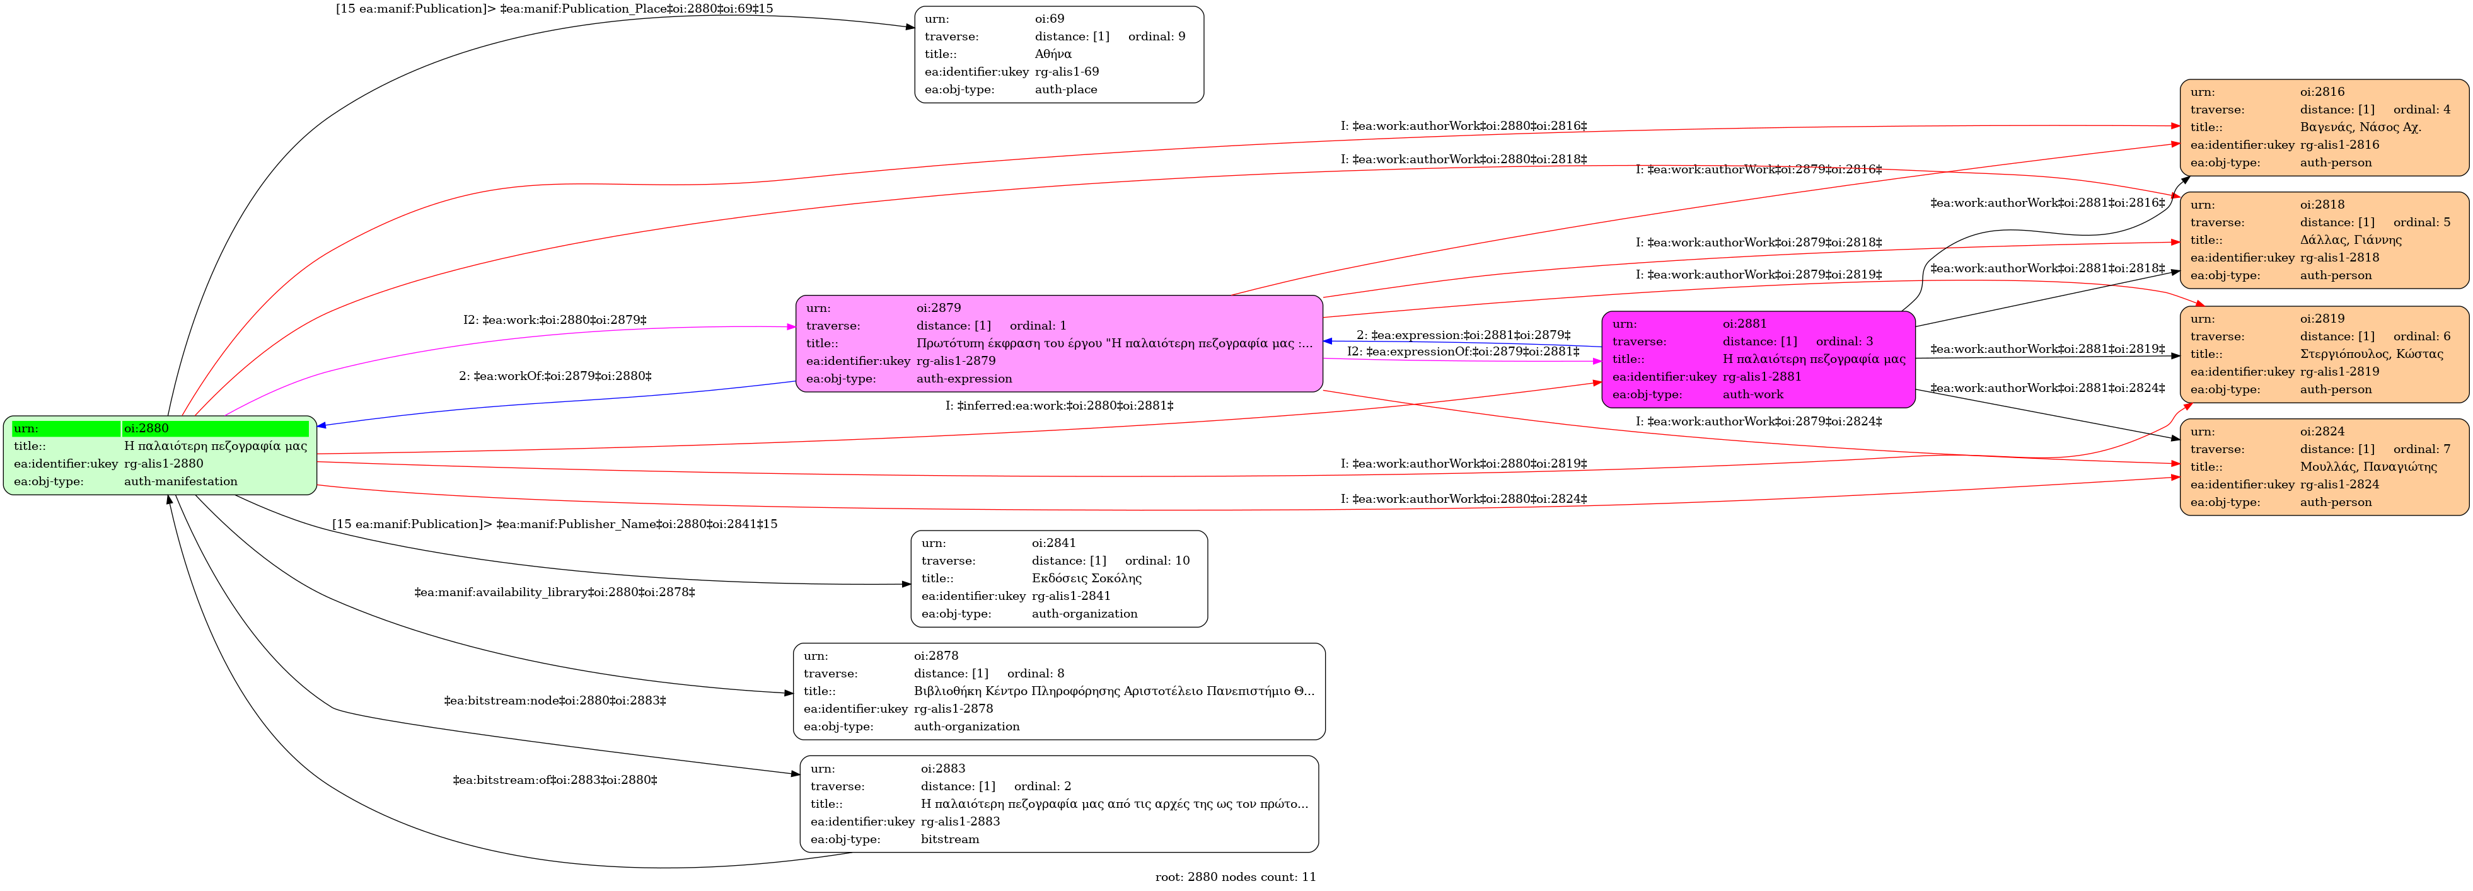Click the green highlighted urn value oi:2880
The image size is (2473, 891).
point(146,428)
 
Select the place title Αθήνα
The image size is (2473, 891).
point(1053,54)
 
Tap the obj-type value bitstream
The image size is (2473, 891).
point(951,839)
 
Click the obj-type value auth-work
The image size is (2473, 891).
point(1753,394)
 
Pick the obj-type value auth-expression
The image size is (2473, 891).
point(964,378)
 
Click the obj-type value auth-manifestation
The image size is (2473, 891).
point(180,481)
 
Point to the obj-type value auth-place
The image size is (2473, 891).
point(1065,89)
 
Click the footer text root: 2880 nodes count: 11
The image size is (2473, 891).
point(1236,877)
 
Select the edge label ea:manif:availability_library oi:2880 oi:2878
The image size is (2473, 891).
point(555,592)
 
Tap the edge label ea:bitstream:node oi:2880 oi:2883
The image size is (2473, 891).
point(555,701)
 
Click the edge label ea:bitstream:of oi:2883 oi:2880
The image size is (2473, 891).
point(555,779)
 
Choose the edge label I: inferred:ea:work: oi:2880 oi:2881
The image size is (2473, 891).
point(1059,405)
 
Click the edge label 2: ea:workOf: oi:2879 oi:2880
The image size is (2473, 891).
point(555,376)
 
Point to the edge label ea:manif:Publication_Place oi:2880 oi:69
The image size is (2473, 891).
point(554,9)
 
